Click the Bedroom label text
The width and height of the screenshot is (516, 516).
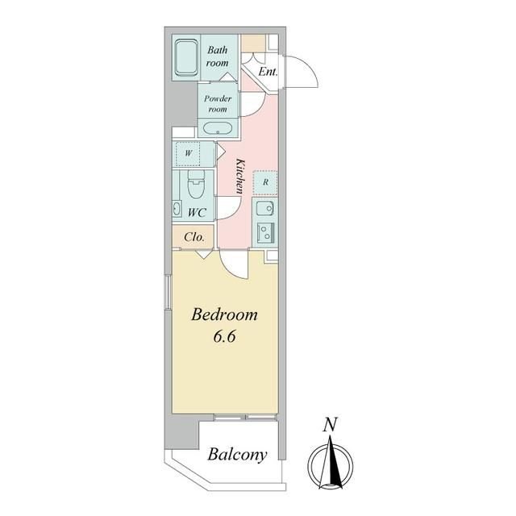click(x=224, y=314)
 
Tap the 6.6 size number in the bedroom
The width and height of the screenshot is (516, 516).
click(x=224, y=336)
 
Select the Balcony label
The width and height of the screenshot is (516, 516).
click(x=237, y=456)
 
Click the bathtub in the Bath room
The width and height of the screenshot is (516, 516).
click(x=186, y=58)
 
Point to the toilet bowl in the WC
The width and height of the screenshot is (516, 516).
click(x=195, y=185)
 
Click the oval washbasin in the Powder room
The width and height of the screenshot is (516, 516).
click(x=218, y=129)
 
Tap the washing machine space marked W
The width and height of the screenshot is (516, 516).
click(x=188, y=154)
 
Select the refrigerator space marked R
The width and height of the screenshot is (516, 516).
click(x=265, y=182)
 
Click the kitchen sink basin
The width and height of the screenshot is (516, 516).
click(x=265, y=208)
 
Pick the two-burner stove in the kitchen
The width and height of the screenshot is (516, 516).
click(x=265, y=233)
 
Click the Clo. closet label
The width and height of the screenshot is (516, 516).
click(x=193, y=237)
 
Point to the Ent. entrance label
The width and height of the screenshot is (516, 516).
click(x=268, y=72)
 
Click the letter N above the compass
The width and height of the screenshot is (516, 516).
click(x=330, y=425)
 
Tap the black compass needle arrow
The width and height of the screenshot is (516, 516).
click(x=335, y=460)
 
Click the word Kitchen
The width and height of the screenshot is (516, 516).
click(x=240, y=176)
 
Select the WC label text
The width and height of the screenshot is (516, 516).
click(x=197, y=213)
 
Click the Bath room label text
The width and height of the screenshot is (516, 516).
click(x=217, y=56)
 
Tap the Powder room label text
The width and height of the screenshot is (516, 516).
click(x=218, y=103)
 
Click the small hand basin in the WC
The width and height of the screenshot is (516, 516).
click(x=177, y=209)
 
